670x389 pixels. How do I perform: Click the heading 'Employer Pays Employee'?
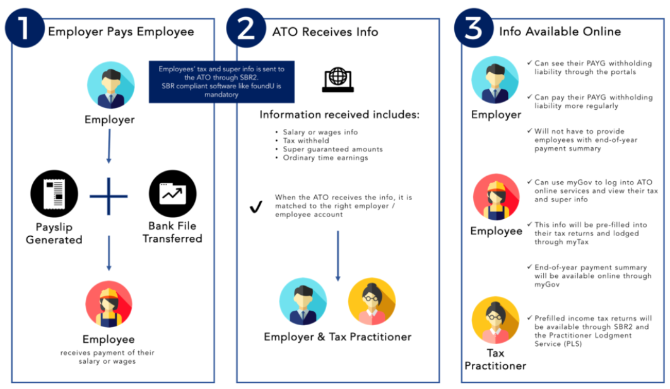[121, 31]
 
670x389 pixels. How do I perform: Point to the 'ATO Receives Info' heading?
[326, 31]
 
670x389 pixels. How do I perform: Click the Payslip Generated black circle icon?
[54, 194]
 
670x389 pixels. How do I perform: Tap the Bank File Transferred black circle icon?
[172, 194]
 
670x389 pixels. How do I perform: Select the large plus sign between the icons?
[109, 196]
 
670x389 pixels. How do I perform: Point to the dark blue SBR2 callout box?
[221, 81]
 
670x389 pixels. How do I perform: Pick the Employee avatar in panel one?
[109, 304]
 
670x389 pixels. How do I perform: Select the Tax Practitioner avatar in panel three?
[495, 322]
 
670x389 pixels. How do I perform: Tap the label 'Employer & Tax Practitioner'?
[338, 337]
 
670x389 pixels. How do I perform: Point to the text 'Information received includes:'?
[339, 116]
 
